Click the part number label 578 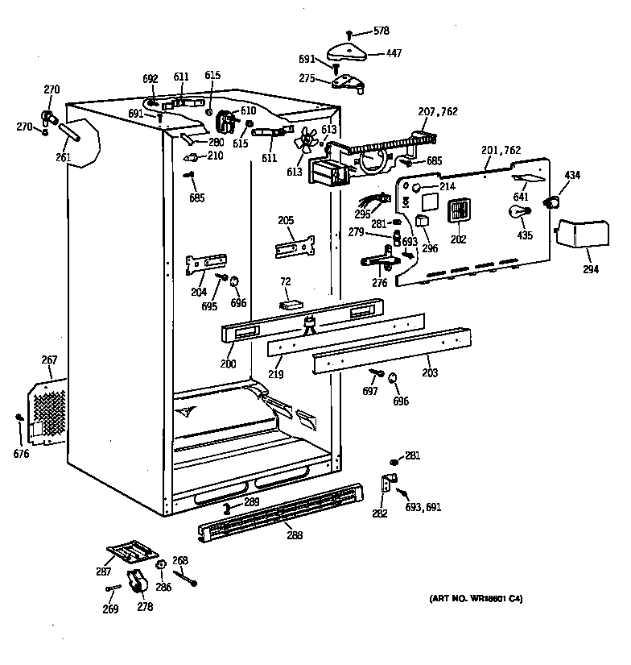381,31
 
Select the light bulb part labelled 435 516,214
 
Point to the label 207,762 437,111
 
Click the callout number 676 21,454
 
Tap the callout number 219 276,374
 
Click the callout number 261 63,157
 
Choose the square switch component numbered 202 458,212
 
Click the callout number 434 572,176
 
